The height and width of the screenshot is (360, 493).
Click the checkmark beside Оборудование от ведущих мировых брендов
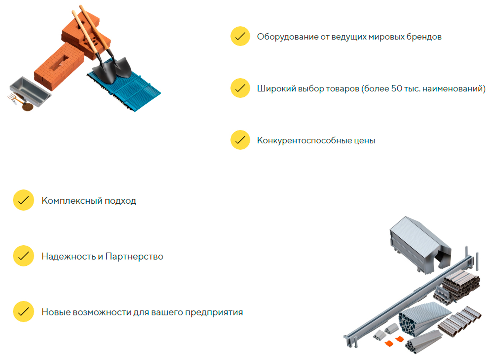[x=240, y=36]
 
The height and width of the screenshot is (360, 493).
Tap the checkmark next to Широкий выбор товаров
[x=240, y=88]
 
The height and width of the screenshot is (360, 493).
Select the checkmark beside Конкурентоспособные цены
[x=240, y=140]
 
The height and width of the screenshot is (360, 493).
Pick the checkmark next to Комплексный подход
[x=23, y=200]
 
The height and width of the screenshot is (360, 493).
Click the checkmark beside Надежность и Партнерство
[x=23, y=256]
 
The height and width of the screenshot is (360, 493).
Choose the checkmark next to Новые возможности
[x=23, y=312]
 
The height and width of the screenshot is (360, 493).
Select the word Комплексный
[x=72, y=201]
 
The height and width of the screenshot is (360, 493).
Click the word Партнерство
[x=134, y=256]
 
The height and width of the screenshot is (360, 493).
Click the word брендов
[x=424, y=37]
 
